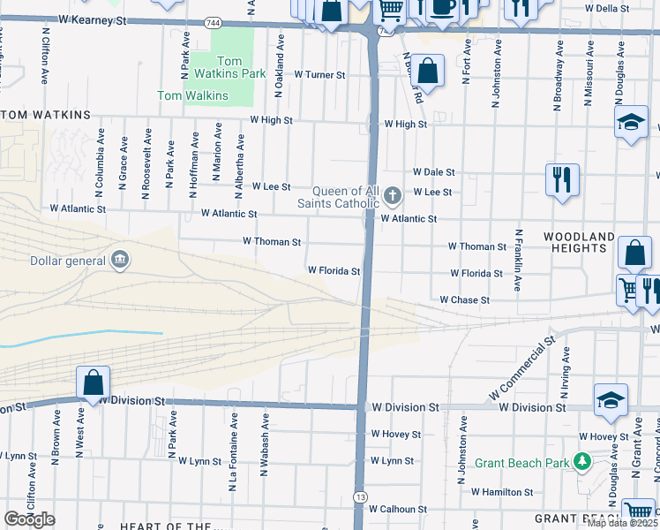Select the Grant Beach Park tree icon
(581, 462)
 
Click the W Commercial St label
(520, 365)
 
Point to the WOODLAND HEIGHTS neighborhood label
(579, 243)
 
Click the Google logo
(29, 519)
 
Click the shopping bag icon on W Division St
(93, 383)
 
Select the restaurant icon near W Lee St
(561, 180)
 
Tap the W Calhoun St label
(397, 510)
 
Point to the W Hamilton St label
(501, 492)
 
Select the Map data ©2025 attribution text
(622, 523)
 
